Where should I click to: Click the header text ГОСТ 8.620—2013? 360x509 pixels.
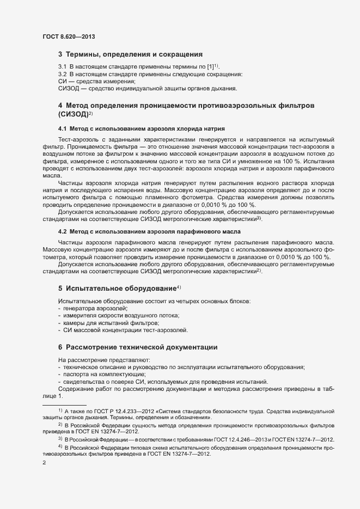[70, 36]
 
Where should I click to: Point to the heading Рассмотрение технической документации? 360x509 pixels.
[142, 347]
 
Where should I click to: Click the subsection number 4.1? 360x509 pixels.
[63, 128]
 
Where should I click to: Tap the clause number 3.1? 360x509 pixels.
[63, 66]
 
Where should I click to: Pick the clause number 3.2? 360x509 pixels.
[63, 73]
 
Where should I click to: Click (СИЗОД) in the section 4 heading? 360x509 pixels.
[72, 114]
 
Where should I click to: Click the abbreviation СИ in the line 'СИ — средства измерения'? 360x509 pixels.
[62, 81]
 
